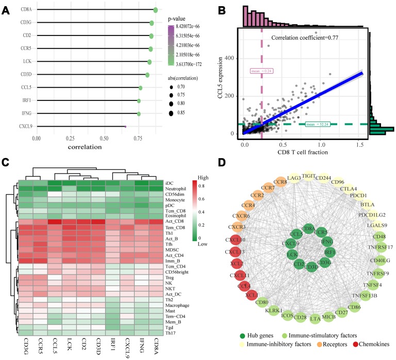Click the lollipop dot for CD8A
[x=155, y=10]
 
